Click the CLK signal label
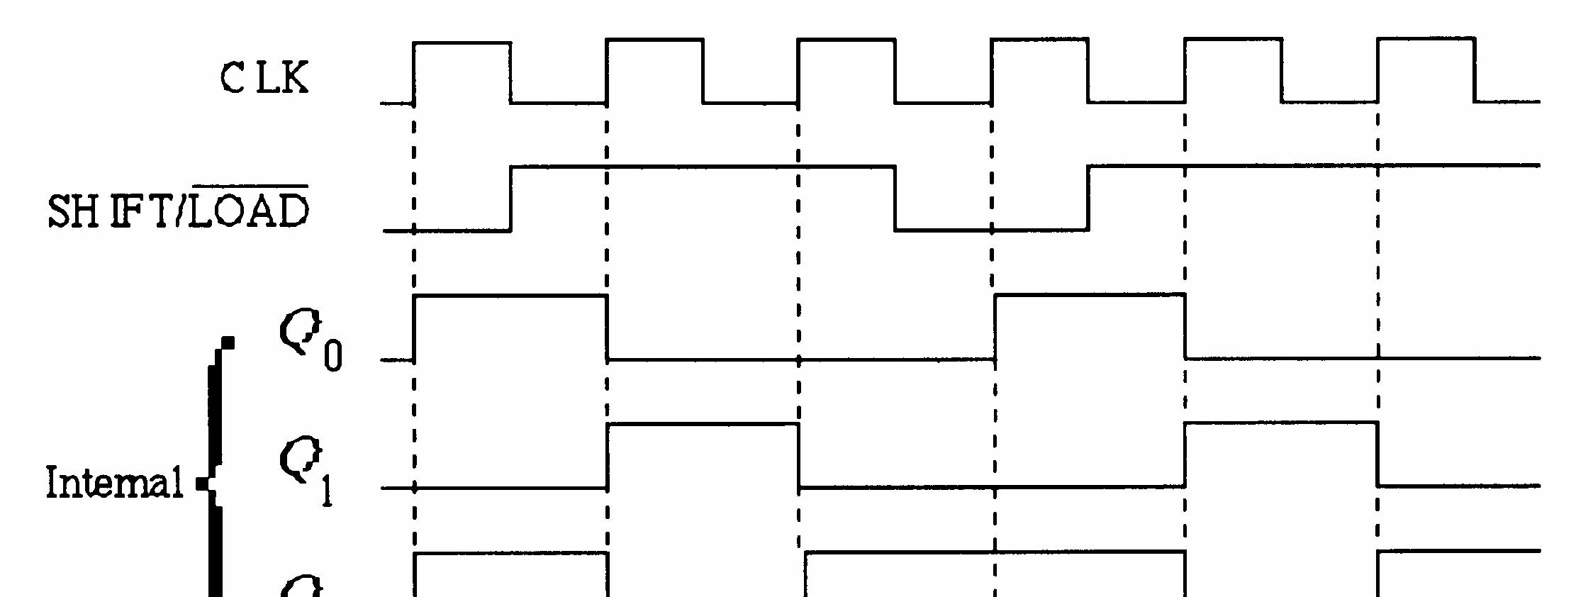(x=264, y=77)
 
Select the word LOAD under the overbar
(x=250, y=211)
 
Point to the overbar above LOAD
(x=250, y=186)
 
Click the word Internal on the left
(x=114, y=483)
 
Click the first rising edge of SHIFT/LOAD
(x=510, y=199)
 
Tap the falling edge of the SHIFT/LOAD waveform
(x=895, y=199)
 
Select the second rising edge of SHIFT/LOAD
(x=1088, y=199)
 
